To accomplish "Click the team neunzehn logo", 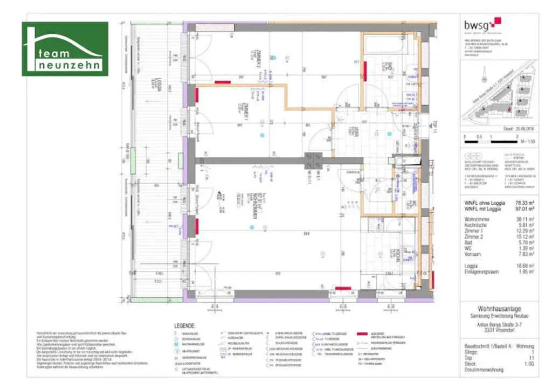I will (x=65, y=49).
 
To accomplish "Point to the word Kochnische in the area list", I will (x=477, y=225).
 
